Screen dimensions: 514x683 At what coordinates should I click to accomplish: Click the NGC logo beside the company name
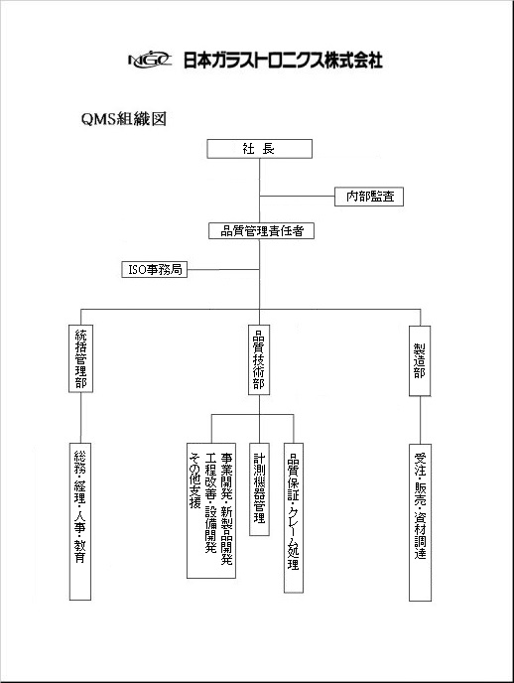150,60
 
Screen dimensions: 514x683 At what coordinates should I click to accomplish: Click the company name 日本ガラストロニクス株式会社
283,60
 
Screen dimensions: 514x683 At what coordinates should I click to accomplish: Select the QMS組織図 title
124,119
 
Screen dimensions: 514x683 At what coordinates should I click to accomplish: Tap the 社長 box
259,149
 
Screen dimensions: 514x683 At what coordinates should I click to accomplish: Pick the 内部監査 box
369,197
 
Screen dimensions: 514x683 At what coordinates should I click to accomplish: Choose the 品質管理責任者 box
261,231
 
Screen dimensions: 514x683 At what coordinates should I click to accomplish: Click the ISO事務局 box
155,270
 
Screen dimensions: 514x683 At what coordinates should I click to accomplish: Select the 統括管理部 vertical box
81,358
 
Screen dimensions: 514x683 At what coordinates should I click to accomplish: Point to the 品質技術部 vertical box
259,359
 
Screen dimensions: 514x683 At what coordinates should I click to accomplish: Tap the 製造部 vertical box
420,360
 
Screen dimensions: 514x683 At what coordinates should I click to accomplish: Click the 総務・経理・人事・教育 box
80,521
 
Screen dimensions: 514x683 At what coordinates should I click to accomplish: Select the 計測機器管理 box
259,489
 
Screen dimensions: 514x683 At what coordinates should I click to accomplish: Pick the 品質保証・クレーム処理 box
294,518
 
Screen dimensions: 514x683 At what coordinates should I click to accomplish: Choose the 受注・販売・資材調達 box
421,522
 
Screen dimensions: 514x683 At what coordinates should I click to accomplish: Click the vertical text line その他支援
194,480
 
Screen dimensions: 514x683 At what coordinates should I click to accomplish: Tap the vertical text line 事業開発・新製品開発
226,508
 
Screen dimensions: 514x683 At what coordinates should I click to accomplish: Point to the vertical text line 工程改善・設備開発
210,502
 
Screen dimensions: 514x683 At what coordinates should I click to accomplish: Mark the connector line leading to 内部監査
297,196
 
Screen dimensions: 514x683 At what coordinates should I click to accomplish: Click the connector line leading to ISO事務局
223,270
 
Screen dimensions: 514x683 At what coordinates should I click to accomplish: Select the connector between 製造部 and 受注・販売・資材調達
420,420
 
